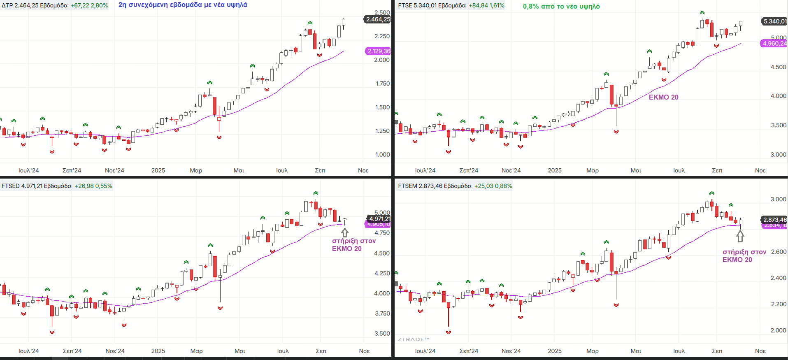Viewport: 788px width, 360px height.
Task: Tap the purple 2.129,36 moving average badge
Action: click(378, 51)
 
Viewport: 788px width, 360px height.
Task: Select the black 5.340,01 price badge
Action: click(774, 21)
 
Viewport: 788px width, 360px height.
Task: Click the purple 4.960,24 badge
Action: click(774, 43)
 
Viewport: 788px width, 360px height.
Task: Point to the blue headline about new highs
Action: click(183, 5)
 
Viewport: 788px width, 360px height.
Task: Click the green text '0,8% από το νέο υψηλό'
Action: click(561, 6)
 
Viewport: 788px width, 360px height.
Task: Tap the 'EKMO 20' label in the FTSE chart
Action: click(663, 97)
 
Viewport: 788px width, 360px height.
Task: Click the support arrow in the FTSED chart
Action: click(345, 232)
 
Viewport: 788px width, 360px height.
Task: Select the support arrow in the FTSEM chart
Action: click(740, 236)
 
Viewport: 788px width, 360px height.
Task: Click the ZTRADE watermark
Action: click(413, 339)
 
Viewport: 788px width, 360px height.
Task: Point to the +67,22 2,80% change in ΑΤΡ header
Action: click(89, 5)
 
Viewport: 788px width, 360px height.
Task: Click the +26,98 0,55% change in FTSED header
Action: click(93, 186)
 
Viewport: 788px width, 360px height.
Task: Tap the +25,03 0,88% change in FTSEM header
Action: click(493, 186)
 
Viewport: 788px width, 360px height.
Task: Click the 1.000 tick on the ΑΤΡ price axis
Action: click(382, 154)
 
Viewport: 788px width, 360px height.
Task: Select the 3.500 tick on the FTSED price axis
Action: click(382, 333)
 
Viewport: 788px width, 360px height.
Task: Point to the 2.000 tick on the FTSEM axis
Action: click(778, 330)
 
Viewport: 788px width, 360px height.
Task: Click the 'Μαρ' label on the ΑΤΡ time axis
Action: click(196, 170)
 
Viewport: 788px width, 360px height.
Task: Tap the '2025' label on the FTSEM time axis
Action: click(555, 351)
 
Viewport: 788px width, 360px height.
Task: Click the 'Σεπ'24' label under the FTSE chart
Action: click(469, 170)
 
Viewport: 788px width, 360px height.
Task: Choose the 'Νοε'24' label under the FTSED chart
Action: click(115, 351)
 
